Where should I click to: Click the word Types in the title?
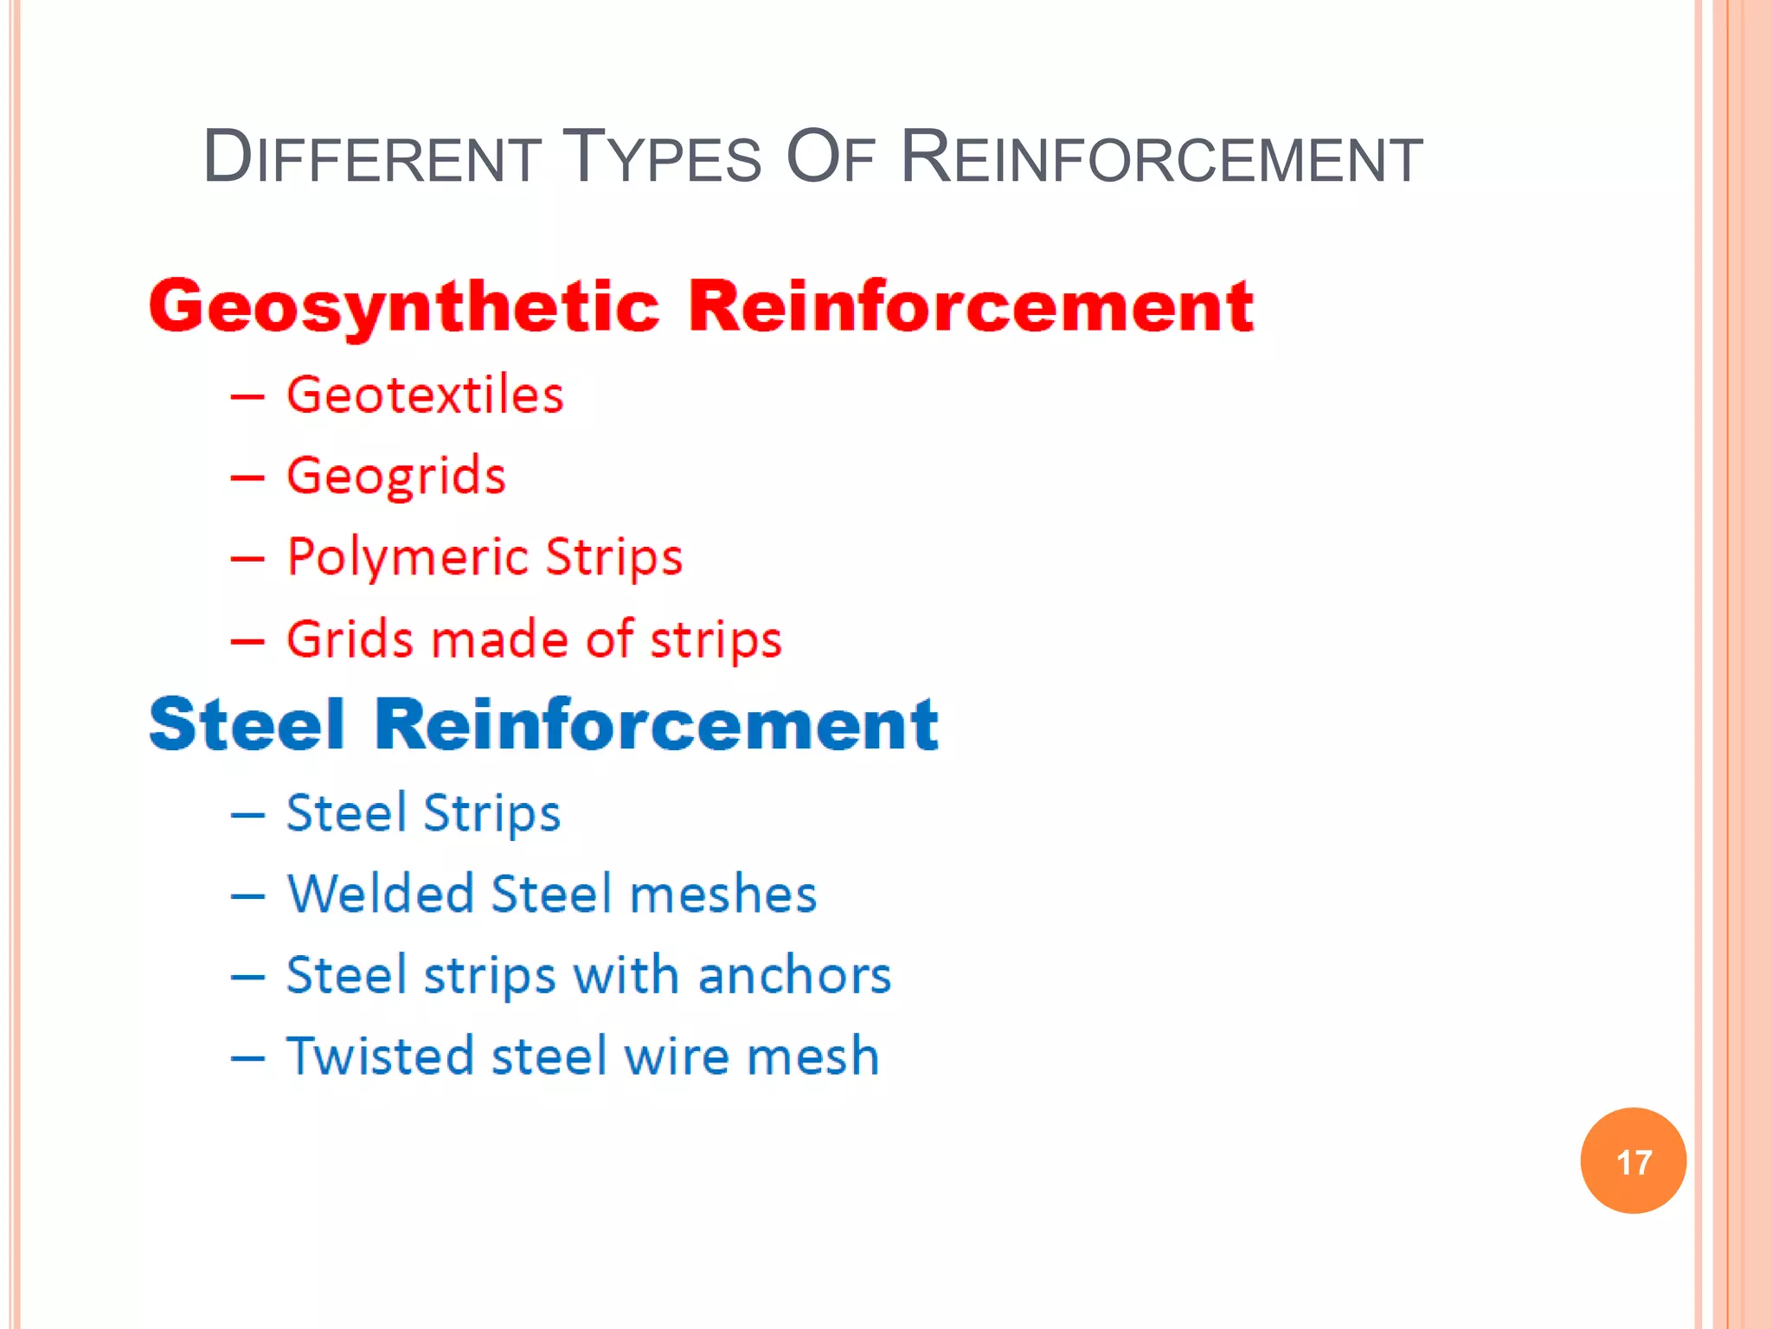tap(662, 157)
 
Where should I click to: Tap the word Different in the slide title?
tap(372, 157)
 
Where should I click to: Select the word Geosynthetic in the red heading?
tap(404, 306)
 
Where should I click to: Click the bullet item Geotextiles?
tap(425, 395)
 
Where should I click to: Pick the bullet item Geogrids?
tap(395, 476)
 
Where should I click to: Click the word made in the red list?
tap(499, 639)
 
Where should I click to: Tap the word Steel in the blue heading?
tap(247, 724)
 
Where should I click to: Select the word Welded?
tap(381, 894)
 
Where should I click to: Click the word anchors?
tap(794, 975)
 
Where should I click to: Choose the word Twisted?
tap(381, 1056)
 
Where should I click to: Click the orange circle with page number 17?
tap(1633, 1160)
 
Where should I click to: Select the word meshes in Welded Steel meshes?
tap(723, 894)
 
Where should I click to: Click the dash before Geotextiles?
tap(247, 397)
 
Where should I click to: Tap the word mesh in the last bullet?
tap(812, 1056)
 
